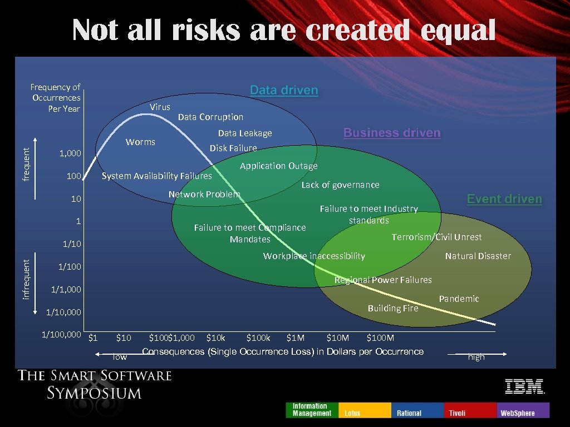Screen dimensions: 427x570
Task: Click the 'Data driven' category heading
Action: [x=284, y=90]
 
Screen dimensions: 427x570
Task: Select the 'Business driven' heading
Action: [x=392, y=133]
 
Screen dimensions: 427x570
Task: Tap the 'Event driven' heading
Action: [x=504, y=199]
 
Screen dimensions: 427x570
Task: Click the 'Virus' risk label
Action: [x=160, y=107]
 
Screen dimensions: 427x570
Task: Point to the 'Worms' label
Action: [x=140, y=142]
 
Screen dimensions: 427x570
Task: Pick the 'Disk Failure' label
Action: [x=233, y=148]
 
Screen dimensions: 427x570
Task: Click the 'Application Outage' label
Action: [x=278, y=166]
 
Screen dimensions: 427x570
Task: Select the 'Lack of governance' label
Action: [x=340, y=185]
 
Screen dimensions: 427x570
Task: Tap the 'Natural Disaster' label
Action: [x=478, y=256]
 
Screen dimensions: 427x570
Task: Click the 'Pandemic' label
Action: [x=459, y=299]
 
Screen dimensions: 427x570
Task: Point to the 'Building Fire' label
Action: [x=392, y=308]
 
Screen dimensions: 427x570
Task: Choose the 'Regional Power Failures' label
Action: [x=383, y=280]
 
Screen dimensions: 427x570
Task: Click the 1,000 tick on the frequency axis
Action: [x=70, y=153]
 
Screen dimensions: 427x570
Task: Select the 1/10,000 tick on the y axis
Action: [x=63, y=312]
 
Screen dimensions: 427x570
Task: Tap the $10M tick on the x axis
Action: [x=337, y=337]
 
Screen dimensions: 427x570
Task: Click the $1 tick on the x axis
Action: [x=94, y=337]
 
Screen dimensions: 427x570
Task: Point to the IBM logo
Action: [x=524, y=386]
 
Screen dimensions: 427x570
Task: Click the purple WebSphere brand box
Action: [x=523, y=410]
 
